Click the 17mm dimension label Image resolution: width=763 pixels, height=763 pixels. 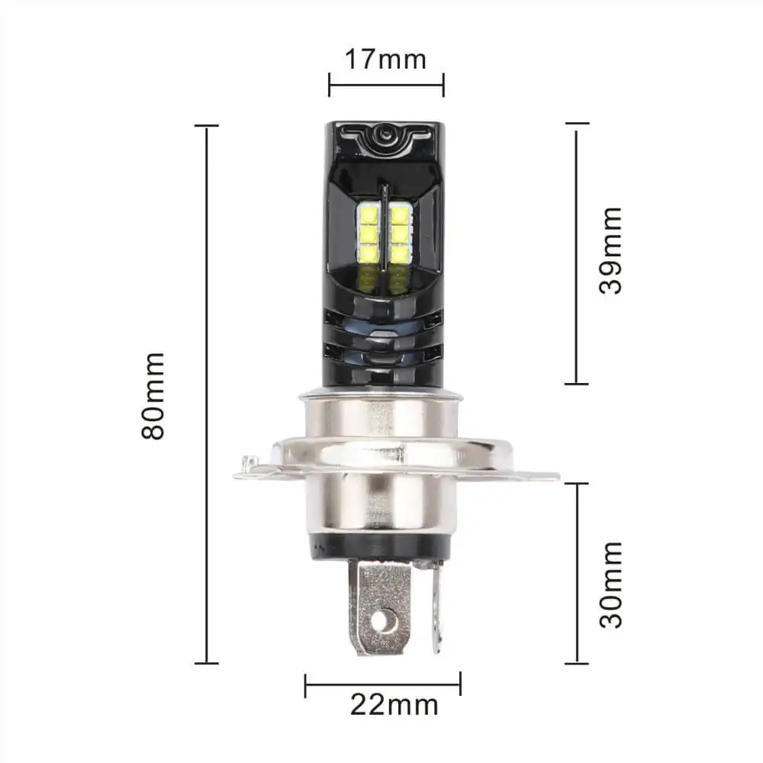[x=385, y=60]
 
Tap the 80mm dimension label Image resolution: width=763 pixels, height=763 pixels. [x=153, y=395]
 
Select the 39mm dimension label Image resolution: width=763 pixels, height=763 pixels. [x=610, y=250]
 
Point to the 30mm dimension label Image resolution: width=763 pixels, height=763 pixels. [x=611, y=584]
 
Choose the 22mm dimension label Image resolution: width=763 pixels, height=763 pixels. [x=394, y=704]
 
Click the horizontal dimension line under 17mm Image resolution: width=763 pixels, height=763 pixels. [x=386, y=85]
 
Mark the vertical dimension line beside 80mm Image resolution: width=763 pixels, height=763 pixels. [x=207, y=394]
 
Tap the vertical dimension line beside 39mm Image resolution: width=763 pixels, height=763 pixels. [x=577, y=253]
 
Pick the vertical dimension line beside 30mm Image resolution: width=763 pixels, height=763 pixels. [x=578, y=573]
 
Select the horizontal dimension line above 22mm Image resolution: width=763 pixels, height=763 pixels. [x=383, y=684]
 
